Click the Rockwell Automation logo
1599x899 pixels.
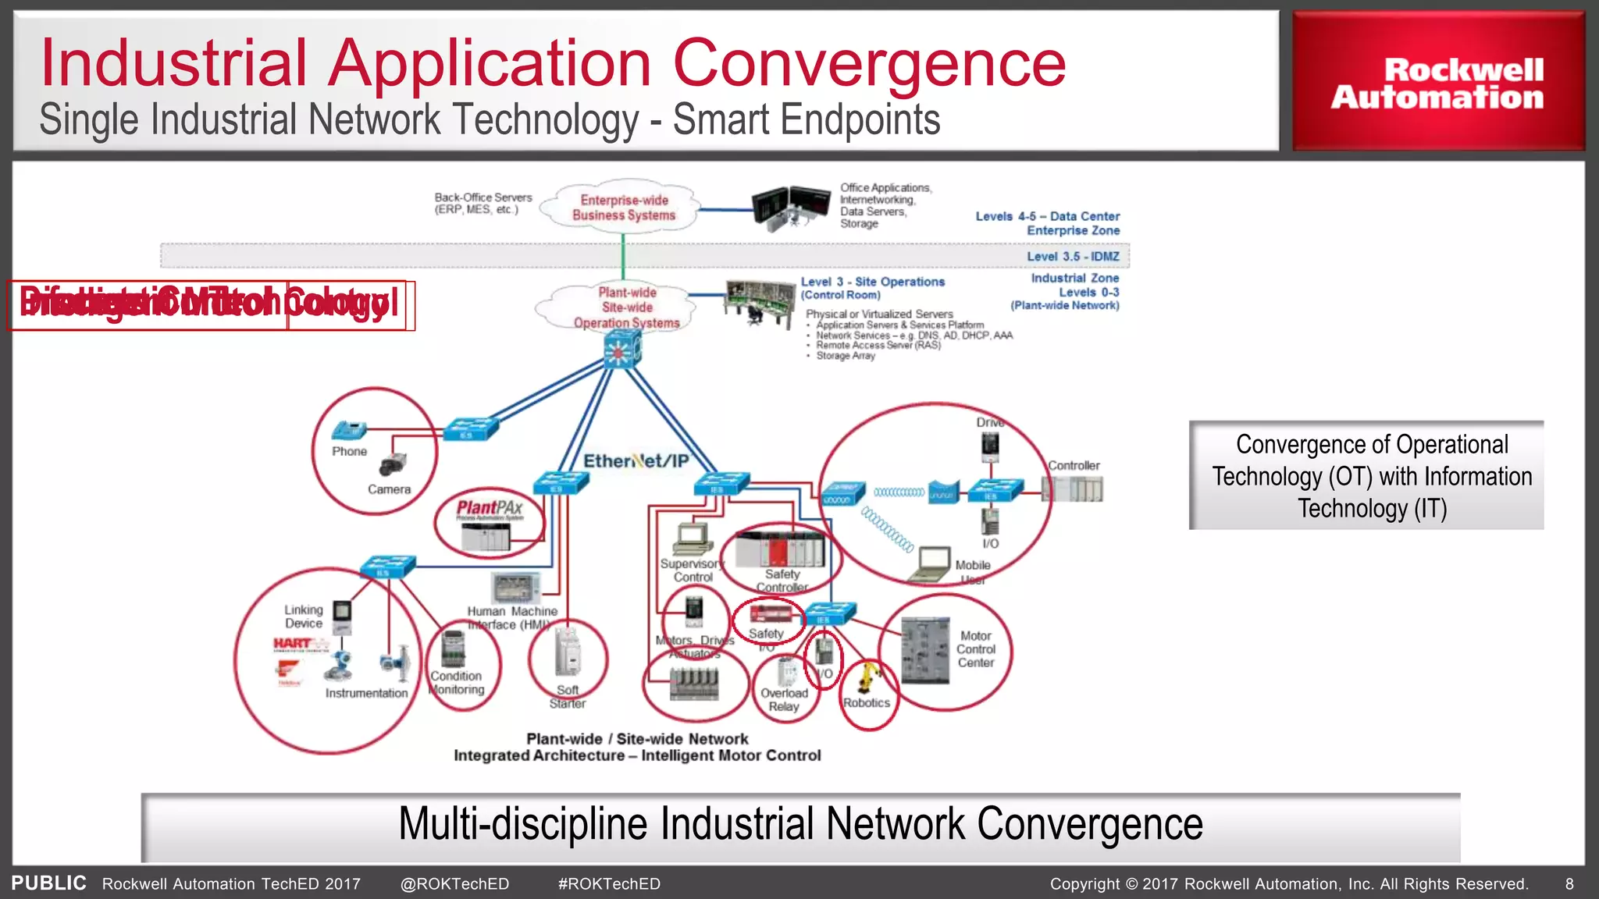point(1437,83)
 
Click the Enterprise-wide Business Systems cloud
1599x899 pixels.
point(623,208)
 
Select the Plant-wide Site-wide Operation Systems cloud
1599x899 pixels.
point(626,307)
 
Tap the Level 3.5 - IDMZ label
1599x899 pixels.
point(1073,256)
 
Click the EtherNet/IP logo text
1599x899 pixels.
point(636,460)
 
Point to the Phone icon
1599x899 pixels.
point(348,431)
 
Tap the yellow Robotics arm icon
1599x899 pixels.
point(867,676)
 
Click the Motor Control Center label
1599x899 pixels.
point(976,649)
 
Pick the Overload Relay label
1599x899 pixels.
point(784,699)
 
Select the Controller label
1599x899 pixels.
point(1074,465)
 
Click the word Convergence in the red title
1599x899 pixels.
point(868,62)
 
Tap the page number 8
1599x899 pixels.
point(1569,884)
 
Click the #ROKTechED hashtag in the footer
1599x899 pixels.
point(609,884)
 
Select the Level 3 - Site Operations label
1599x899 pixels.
point(872,282)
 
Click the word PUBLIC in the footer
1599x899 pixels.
point(48,883)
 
